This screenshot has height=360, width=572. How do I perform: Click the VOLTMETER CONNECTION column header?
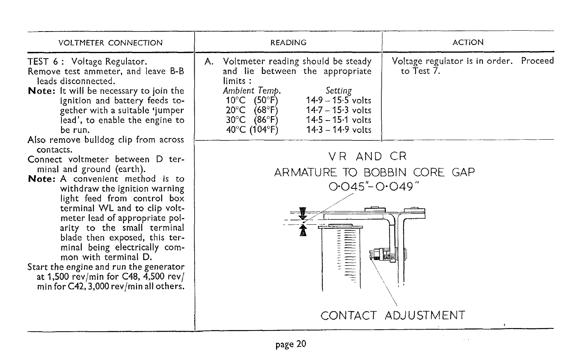pos(110,43)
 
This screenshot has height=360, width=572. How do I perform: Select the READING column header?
pos(288,43)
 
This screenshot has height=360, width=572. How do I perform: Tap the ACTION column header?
pos(468,42)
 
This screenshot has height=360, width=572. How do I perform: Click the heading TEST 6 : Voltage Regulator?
pos(87,62)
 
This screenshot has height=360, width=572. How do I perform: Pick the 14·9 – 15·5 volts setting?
pos(339,101)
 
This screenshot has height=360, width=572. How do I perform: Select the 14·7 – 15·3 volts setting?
pos(339,110)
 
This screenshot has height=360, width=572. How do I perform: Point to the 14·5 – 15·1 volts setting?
pos(339,120)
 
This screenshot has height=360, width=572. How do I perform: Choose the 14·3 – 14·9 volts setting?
pos(339,130)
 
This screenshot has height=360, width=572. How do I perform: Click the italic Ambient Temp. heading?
pos(252,91)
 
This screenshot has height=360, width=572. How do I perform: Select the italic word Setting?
pos(339,91)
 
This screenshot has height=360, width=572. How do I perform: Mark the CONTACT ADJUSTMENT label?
pos(393,316)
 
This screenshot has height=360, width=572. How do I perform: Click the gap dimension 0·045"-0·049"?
pos(374,187)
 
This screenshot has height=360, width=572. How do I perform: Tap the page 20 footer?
pos(291,344)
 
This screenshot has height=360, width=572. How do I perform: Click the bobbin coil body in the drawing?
pos(341,257)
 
